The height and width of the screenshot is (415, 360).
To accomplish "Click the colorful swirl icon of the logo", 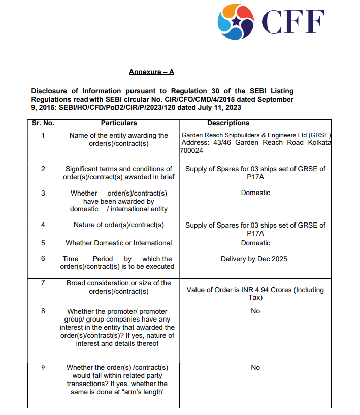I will [235, 21].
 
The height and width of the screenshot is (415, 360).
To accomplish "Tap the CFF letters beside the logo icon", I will [292, 22].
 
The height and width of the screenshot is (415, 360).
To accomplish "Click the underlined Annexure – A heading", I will [151, 72].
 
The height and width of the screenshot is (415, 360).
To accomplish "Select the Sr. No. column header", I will [42, 123].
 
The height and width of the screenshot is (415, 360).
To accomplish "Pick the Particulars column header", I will [118, 123].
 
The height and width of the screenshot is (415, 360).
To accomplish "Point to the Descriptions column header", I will [228, 123].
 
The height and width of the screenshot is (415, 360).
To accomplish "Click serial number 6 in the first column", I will [43, 259].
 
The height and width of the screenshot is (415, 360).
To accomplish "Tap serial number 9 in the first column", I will [43, 367].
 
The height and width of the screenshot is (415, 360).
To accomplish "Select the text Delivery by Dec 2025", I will [254, 259].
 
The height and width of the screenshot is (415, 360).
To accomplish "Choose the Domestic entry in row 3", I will [255, 193].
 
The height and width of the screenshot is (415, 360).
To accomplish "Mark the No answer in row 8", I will [255, 311].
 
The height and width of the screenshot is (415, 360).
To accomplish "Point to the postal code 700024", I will [191, 150].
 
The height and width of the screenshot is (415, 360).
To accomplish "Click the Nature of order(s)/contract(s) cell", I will [118, 225].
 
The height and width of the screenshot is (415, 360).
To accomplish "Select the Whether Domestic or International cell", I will [118, 243].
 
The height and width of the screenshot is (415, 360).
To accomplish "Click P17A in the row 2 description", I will [255, 176].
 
